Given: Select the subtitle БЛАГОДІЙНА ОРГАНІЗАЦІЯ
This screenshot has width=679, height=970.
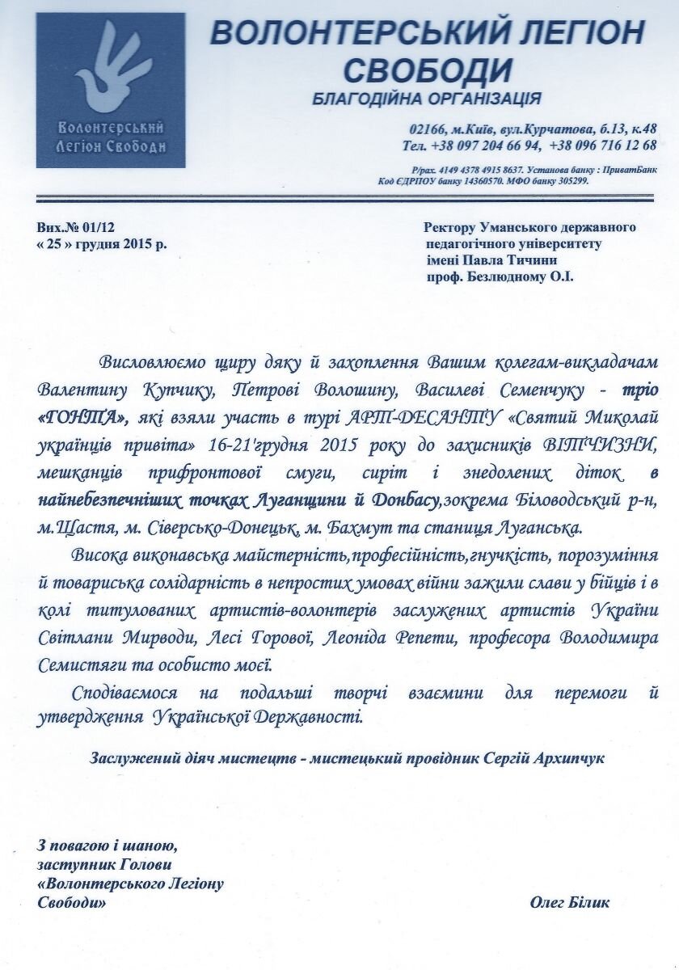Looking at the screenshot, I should tap(426, 99).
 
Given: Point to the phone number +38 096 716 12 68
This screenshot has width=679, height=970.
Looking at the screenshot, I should tap(602, 145).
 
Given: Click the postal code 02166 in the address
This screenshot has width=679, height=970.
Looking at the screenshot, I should tap(426, 129).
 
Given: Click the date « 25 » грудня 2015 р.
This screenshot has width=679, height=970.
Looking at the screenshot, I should tap(102, 243).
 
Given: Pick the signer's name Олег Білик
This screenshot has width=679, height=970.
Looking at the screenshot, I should tap(570, 902).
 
